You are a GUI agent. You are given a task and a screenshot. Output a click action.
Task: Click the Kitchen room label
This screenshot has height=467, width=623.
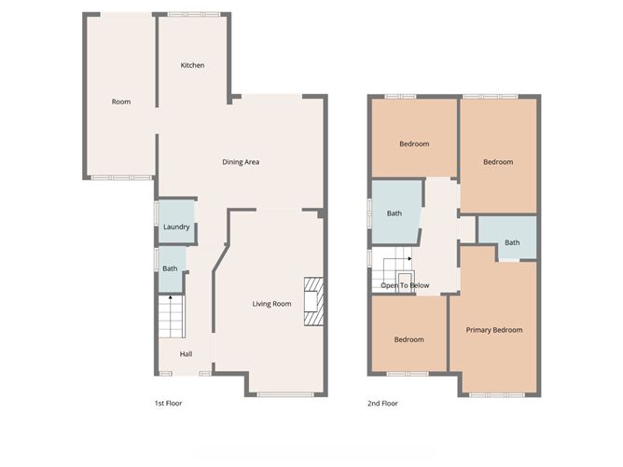(x=192, y=65)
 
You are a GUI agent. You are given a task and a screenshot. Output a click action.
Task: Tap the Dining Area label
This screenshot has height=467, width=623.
(x=240, y=162)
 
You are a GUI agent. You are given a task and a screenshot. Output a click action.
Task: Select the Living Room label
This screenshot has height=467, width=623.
(x=271, y=304)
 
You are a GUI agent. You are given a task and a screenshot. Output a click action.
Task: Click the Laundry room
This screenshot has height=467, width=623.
(x=176, y=227)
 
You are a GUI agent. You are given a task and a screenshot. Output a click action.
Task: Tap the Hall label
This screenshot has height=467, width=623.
(x=186, y=353)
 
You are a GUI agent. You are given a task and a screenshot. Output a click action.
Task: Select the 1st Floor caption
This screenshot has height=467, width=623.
(x=169, y=404)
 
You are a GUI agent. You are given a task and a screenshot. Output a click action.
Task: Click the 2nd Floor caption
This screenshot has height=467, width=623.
(x=382, y=404)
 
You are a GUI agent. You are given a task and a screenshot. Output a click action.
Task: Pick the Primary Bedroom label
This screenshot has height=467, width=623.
(x=494, y=330)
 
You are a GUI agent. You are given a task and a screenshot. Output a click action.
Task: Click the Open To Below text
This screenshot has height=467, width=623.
(x=405, y=285)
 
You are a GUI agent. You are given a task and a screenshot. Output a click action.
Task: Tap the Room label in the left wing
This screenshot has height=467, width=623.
(x=120, y=102)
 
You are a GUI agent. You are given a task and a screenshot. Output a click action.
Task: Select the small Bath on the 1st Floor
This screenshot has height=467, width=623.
(x=170, y=268)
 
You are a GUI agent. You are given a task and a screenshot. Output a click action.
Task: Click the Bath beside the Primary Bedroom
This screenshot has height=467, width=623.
(x=512, y=243)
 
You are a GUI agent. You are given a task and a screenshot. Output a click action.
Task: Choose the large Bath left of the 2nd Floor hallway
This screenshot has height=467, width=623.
(x=394, y=213)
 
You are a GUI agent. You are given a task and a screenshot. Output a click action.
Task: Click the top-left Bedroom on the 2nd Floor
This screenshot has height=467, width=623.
(x=414, y=144)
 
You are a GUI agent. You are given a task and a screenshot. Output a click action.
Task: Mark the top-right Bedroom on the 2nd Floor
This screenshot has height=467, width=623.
(x=498, y=162)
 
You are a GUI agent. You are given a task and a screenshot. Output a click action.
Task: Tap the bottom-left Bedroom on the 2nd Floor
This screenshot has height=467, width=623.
(x=408, y=339)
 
